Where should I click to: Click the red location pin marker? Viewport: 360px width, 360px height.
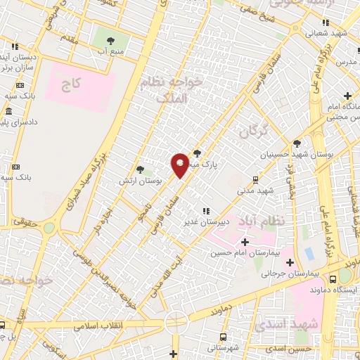[180, 165]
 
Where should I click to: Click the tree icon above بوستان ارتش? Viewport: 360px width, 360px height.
[140, 169]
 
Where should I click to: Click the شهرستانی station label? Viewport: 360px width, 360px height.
[223, 347]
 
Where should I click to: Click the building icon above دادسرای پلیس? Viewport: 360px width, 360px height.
[8, 112]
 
